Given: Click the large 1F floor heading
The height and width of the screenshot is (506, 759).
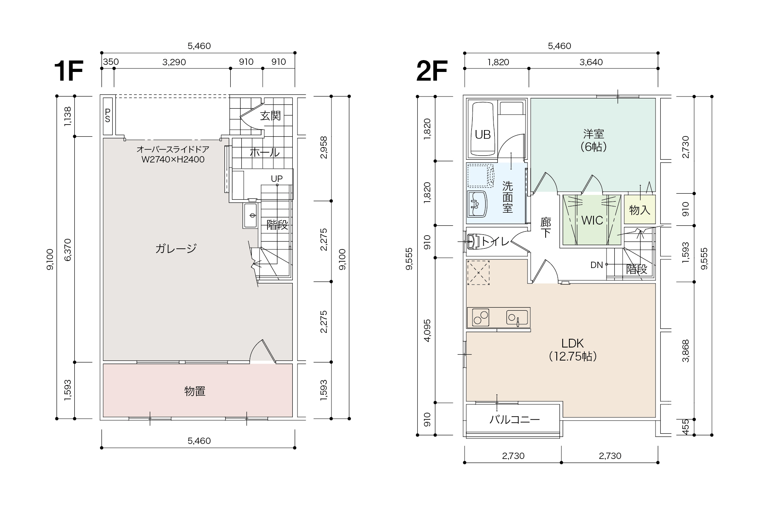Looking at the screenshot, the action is pos(68,71).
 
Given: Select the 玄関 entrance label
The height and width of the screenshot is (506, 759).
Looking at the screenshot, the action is pos(271,115).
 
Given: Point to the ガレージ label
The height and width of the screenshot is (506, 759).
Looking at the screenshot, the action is pos(176,248).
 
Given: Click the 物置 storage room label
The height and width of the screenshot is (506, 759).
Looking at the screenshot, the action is pos(195,391).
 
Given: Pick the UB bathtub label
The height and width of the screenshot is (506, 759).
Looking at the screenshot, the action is pos(482,135).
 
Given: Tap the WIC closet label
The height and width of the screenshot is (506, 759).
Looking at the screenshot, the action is pos(592,220).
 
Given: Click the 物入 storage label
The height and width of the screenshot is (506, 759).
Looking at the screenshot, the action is pos(640,210).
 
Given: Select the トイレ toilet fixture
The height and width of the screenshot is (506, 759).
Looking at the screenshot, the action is pos(473,242).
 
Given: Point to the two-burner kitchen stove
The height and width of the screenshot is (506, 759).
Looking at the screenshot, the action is pos(478,318).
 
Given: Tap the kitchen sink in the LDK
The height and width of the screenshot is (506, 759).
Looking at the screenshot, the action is pos(517,318).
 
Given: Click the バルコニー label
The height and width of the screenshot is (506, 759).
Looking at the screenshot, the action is pos(514,419).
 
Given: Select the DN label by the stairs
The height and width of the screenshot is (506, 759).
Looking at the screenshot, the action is pos(597,265).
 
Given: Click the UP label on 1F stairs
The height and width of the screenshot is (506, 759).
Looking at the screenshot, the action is pos(277,179).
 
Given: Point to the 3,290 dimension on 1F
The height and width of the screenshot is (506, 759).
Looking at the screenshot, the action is pos(174,62).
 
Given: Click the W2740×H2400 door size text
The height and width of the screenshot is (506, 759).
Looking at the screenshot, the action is pos(173,160).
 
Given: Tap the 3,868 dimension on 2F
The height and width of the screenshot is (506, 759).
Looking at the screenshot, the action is pos(686,351).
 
